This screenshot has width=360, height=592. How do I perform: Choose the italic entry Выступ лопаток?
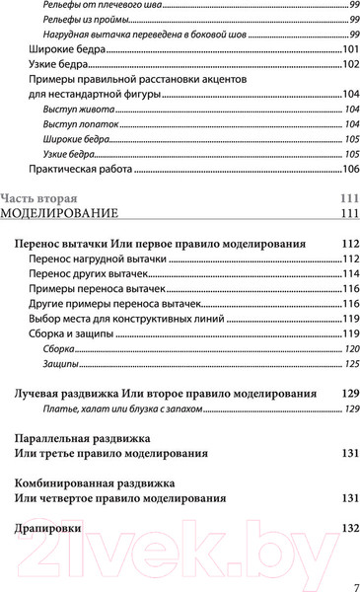tap(73, 123)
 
